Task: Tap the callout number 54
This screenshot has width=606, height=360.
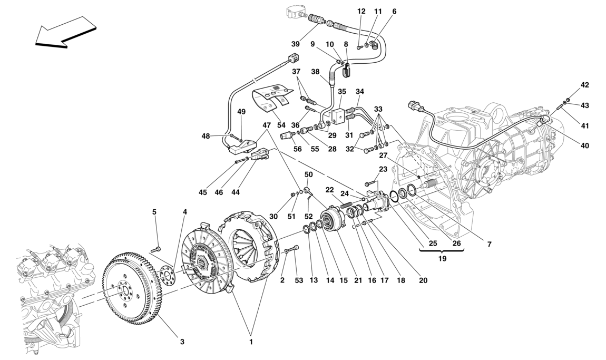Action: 281,125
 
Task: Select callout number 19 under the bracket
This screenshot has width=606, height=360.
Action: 441,259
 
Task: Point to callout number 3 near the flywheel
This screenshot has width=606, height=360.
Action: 182,342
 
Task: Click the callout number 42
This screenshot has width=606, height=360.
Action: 585,85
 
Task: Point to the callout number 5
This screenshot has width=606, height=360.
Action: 154,212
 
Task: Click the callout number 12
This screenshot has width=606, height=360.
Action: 361,11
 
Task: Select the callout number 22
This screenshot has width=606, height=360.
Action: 330,190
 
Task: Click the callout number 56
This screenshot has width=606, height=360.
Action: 298,149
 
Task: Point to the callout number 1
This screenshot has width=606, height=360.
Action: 251,342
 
